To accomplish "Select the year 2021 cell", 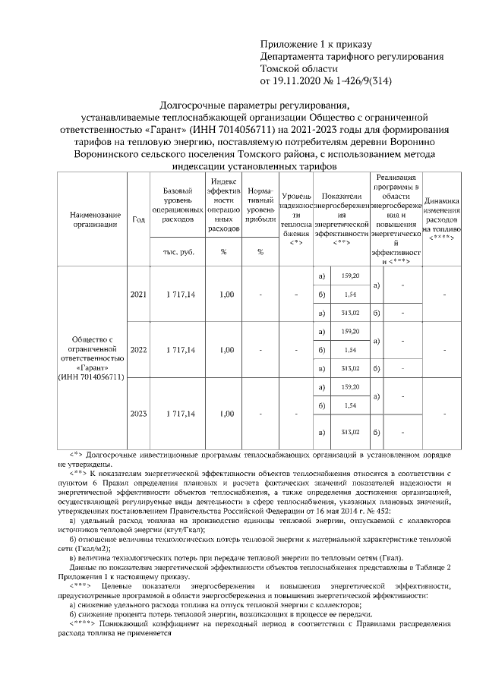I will click(x=138, y=294).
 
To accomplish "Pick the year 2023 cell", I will click(x=138, y=414).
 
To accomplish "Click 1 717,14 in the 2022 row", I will click(x=176, y=350).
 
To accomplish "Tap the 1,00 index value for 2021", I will click(x=226, y=294).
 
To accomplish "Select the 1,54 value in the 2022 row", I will click(x=350, y=350).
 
